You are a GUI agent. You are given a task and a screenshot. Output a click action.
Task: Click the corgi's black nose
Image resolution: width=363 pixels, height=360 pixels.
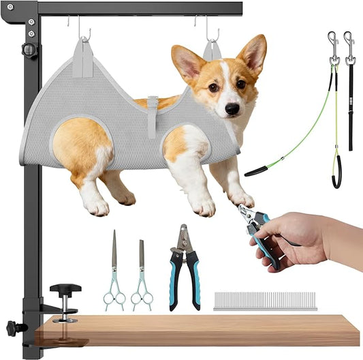pos(232,108)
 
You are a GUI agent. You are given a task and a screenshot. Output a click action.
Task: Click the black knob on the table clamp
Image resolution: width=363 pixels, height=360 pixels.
pos(65,289)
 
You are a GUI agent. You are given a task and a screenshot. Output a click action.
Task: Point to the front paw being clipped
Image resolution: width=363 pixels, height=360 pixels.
pos(242,199)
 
